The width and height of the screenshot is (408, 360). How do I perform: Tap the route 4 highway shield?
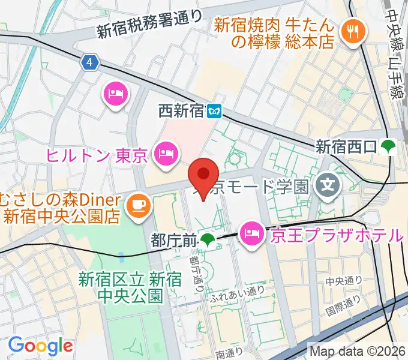(x=89, y=62)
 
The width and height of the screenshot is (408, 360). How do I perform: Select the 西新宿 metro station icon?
(x=215, y=110)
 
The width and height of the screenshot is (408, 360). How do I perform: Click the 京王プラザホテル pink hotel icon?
(x=250, y=231)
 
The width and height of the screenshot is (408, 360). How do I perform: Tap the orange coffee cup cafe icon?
(x=138, y=205)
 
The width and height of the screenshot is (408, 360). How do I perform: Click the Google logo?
(x=40, y=346)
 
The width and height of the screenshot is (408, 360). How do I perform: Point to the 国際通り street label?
(x=343, y=305)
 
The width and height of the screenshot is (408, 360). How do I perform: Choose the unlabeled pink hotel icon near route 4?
(x=116, y=94)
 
